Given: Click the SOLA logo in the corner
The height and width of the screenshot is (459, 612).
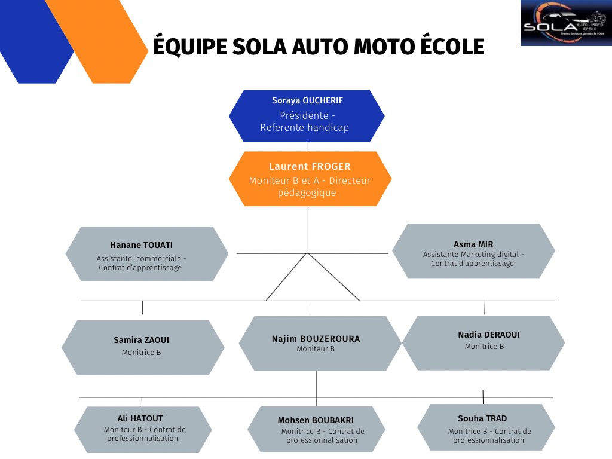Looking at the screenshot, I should [x=565, y=23].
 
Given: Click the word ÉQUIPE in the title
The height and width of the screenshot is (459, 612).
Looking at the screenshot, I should [x=188, y=47].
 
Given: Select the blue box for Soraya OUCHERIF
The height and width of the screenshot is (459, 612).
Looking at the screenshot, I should [x=307, y=115].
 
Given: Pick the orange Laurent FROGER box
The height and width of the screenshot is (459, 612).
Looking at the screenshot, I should [x=310, y=179].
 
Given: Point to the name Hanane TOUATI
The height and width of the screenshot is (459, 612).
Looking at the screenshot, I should [x=141, y=245].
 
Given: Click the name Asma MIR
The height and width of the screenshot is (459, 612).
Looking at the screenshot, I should [x=473, y=244].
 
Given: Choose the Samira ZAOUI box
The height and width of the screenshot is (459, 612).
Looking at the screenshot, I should [x=142, y=347].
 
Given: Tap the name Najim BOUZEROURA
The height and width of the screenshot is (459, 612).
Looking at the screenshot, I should [x=316, y=339].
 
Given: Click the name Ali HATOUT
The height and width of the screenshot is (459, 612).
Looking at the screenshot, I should [x=140, y=418].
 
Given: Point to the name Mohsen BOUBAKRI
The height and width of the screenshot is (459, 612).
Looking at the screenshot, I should [x=315, y=420].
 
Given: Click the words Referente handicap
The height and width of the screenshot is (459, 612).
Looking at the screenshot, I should [x=304, y=127].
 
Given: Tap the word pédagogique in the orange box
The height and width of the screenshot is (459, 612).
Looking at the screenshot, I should [x=307, y=193].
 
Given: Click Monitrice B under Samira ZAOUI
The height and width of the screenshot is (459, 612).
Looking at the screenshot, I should [x=141, y=353].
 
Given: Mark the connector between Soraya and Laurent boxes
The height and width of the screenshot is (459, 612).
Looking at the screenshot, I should [x=308, y=146].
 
